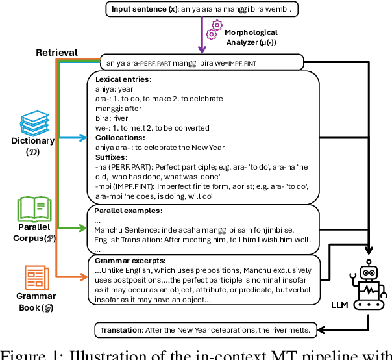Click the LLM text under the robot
tap(330, 303)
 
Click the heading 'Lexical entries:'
tap(123, 79)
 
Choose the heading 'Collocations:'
tap(121, 138)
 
